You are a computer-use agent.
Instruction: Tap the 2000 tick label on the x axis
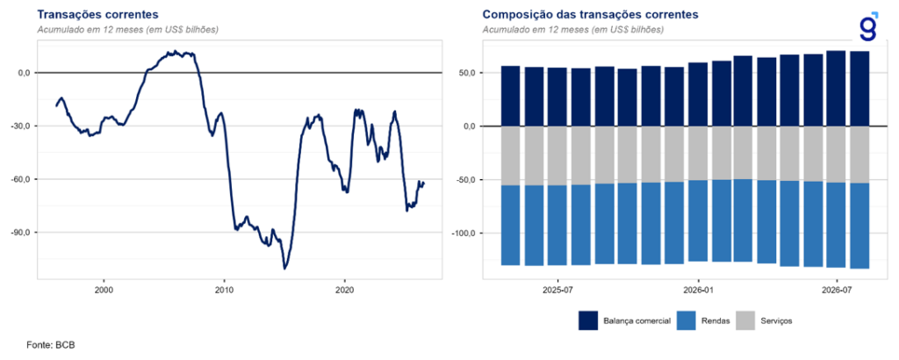tap(104, 290)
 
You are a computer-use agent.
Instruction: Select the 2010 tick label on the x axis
tap(224, 290)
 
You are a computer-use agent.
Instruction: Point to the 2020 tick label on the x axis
tap(344, 290)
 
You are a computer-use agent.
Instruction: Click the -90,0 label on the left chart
tap(21, 232)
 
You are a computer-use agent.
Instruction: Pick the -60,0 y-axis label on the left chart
tap(21, 179)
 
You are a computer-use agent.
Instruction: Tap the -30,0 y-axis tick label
tap(21, 126)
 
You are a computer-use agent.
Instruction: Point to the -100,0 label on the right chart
tap(465, 234)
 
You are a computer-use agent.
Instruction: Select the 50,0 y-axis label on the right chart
tap(467, 73)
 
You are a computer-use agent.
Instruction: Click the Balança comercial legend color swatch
tap(588, 321)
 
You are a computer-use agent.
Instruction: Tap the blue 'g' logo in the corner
tap(869, 26)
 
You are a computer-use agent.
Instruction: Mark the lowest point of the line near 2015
tap(284, 269)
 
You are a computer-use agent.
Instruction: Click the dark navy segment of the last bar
tap(859, 89)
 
